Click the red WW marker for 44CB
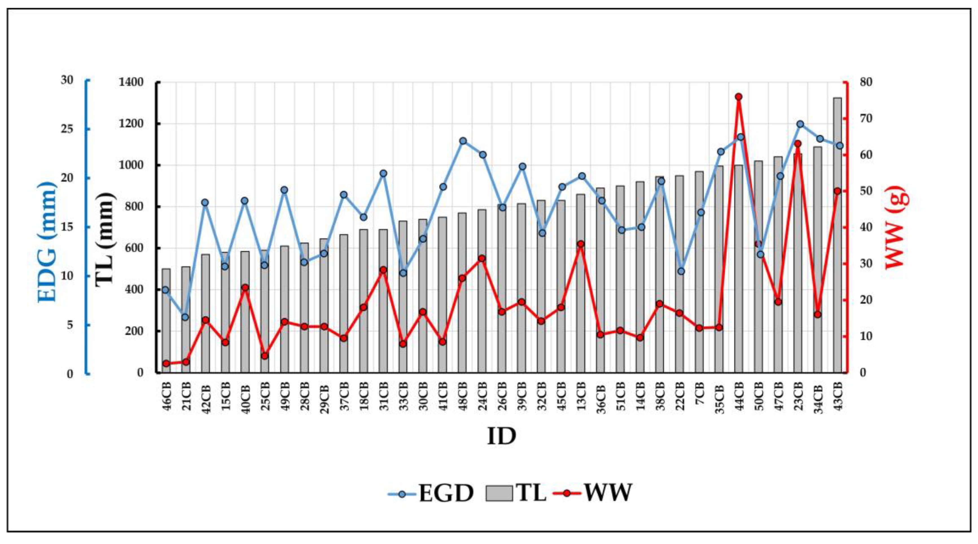(x=738, y=97)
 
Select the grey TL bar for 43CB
(x=837, y=235)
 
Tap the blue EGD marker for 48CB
(x=463, y=141)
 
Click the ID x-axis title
(x=501, y=436)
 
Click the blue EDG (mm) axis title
(x=47, y=242)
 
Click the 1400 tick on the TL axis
(x=131, y=82)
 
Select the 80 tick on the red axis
(x=866, y=82)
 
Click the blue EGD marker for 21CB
(x=185, y=317)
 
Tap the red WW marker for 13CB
(x=580, y=244)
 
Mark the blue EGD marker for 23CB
(x=800, y=124)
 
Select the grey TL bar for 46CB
(x=166, y=321)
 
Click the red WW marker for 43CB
(x=837, y=191)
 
